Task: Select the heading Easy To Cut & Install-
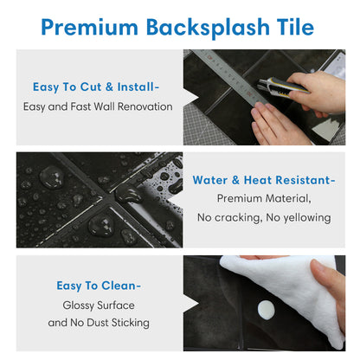[96, 87]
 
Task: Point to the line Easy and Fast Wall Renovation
[98, 107]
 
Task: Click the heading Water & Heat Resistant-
[263, 180]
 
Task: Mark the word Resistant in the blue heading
[299, 180]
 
